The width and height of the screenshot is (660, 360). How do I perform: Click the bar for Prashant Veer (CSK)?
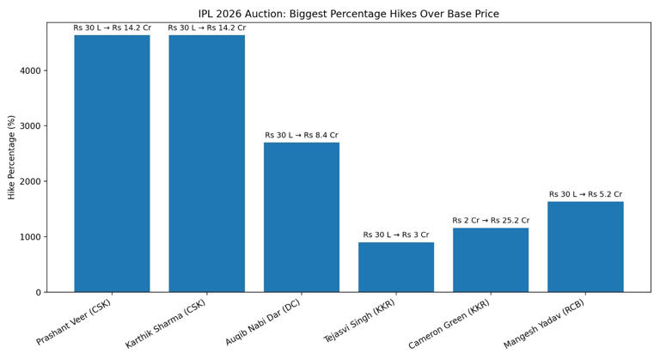pyautogui.click(x=112, y=163)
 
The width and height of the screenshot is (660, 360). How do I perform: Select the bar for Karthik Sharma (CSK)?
pyautogui.click(x=206, y=163)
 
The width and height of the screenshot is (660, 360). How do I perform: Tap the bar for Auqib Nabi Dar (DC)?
pyautogui.click(x=301, y=217)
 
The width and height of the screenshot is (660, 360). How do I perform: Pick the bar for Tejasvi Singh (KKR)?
pyautogui.click(x=396, y=267)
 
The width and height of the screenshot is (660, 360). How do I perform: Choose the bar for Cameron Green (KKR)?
pyautogui.click(x=491, y=259)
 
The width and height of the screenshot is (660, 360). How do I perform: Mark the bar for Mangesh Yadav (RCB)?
pyautogui.click(x=585, y=247)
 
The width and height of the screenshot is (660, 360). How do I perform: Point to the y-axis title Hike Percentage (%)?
pyautogui.click(x=12, y=157)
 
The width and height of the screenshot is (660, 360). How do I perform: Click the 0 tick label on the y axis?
pyautogui.click(x=37, y=292)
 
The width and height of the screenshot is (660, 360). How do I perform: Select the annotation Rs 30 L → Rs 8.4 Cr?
pyautogui.click(x=301, y=136)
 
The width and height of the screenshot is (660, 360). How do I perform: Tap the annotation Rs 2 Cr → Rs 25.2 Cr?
pyautogui.click(x=491, y=221)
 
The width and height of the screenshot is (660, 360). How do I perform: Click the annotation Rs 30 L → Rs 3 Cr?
pyautogui.click(x=396, y=235)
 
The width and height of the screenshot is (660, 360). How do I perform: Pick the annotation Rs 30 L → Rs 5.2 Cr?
pyautogui.click(x=585, y=194)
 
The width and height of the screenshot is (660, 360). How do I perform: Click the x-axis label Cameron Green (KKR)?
pyautogui.click(x=449, y=324)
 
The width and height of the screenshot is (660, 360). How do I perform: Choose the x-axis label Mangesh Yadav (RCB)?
pyautogui.click(x=544, y=325)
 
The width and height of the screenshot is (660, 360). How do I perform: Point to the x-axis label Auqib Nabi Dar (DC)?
pyautogui.click(x=263, y=323)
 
